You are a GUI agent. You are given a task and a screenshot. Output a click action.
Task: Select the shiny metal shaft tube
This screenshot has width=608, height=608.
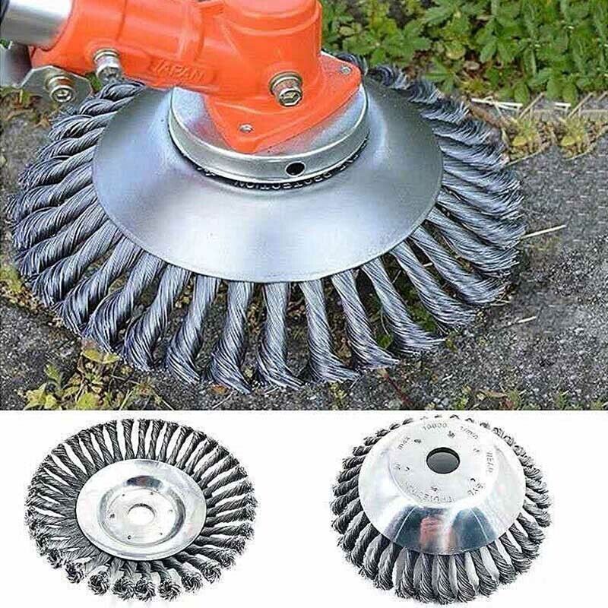click(x=30, y=19)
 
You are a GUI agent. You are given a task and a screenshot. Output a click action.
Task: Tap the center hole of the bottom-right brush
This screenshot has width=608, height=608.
click(x=442, y=461)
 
